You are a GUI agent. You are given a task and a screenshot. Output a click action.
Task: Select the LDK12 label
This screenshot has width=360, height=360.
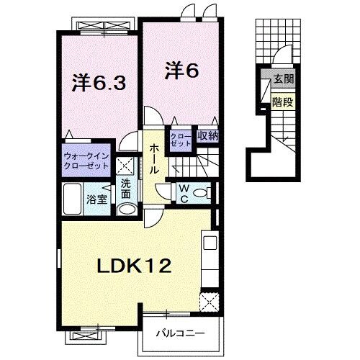pos(135,266)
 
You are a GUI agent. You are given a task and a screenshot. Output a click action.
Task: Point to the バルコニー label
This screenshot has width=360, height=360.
pos(181,333)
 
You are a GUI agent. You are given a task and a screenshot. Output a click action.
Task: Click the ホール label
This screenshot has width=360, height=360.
pos(154,160)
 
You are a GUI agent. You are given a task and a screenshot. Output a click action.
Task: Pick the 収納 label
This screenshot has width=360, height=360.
pos(208,134)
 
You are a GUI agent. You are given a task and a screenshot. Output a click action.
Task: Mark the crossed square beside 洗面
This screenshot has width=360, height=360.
pos(123,163)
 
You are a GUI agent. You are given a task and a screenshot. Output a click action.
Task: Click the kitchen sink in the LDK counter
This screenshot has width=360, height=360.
pos(210,243)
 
